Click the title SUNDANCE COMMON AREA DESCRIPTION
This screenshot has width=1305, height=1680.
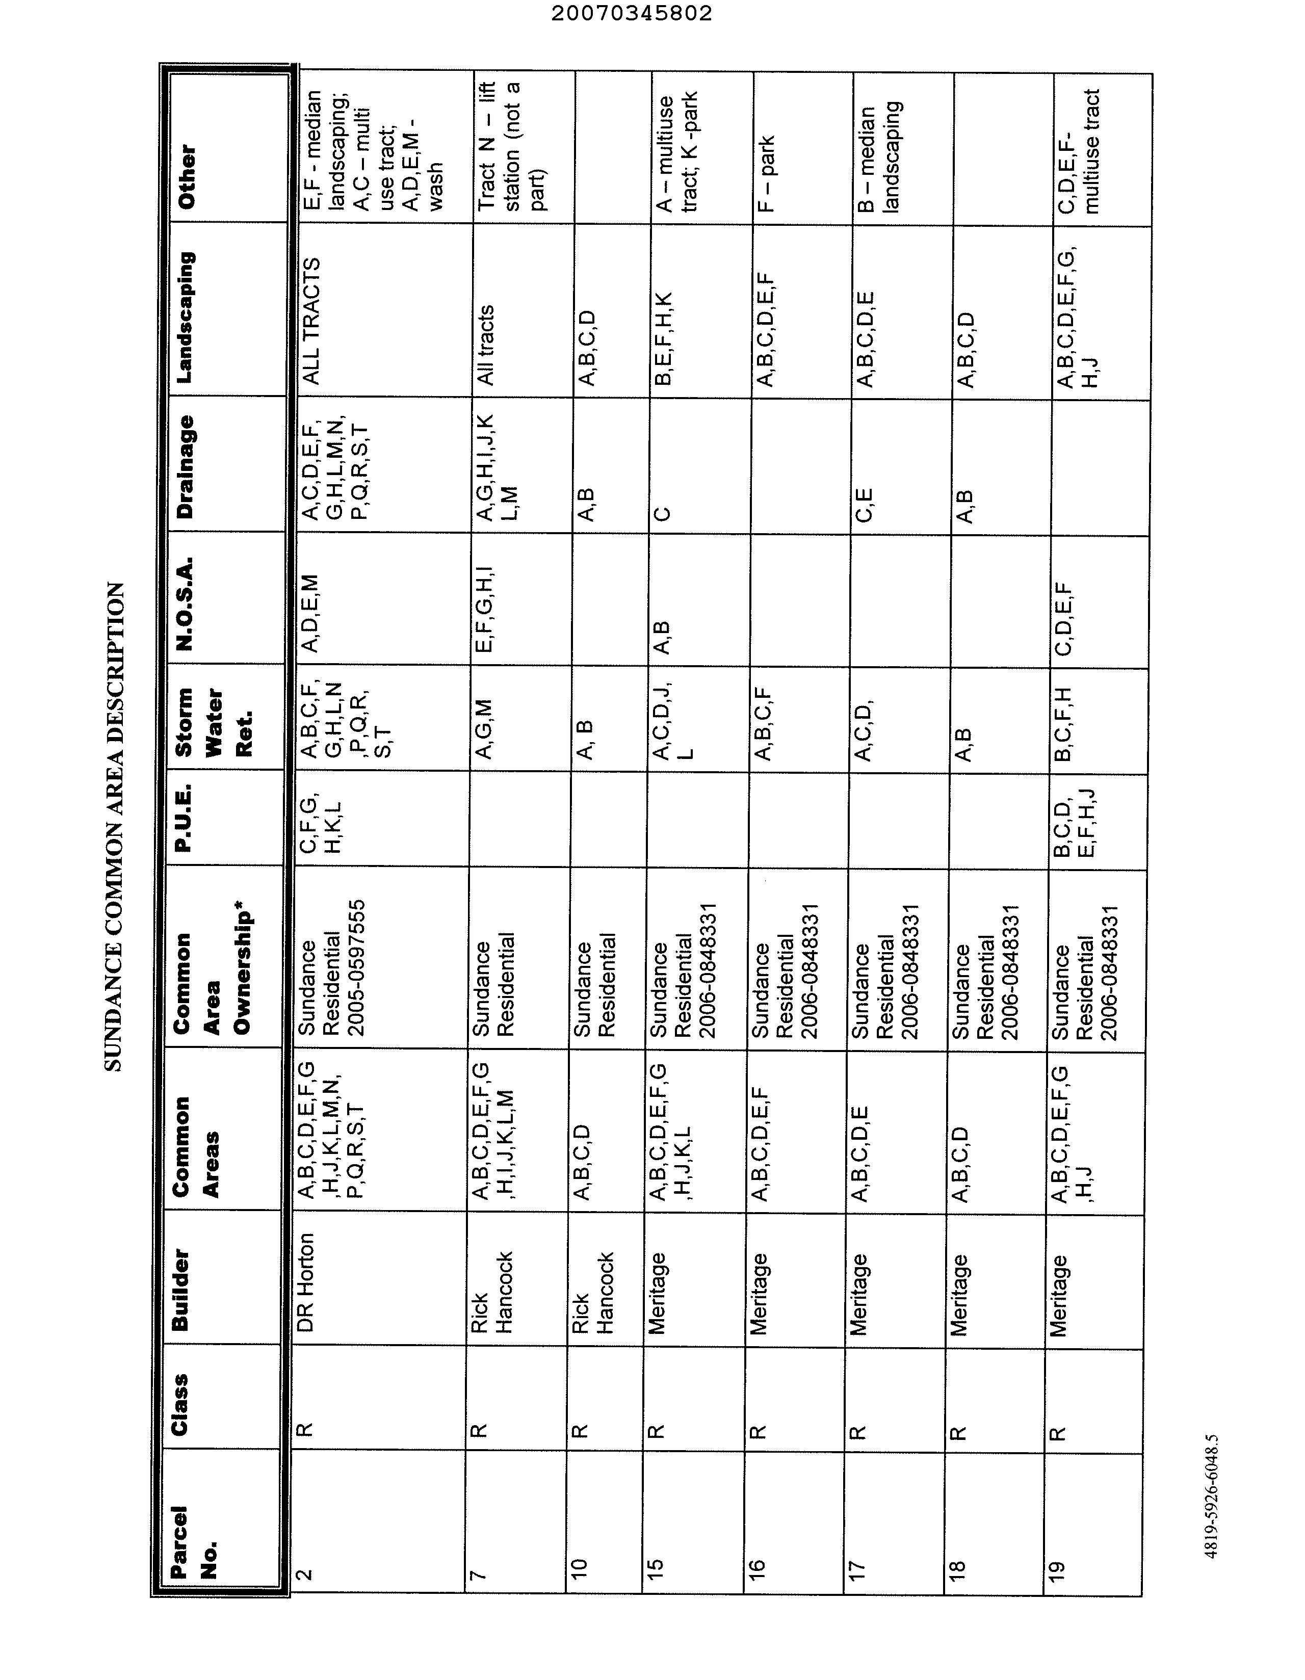113,826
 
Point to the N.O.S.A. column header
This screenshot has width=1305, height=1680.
186,605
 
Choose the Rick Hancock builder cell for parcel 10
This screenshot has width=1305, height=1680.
592,1292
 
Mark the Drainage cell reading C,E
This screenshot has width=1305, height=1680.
864,504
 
